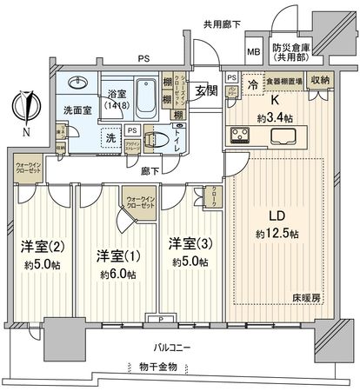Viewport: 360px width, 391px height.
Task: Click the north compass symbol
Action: coord(29,110)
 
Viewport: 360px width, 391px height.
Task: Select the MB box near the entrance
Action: coord(255,50)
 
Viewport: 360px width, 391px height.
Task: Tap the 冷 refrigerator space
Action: coord(251,86)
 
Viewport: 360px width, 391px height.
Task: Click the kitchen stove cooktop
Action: coord(242,135)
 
